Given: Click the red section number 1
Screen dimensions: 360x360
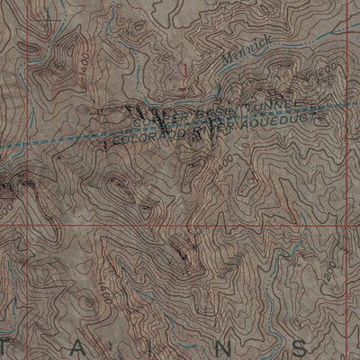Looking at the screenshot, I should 186,67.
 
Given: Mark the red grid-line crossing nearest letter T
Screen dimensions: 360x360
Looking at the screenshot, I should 28,225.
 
